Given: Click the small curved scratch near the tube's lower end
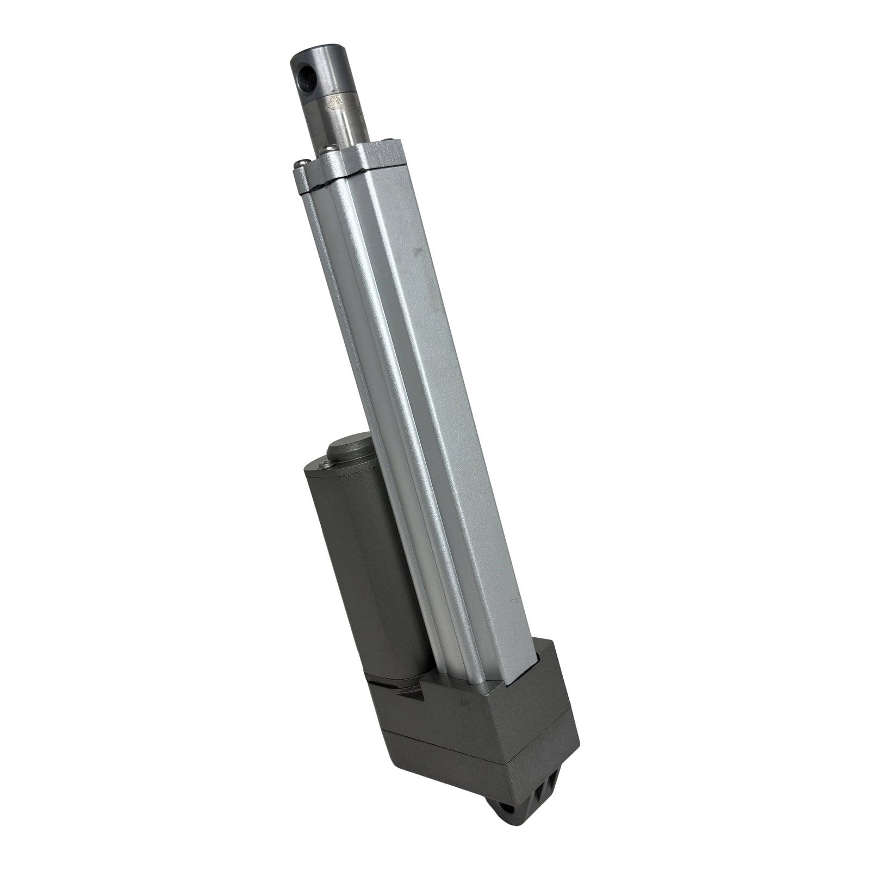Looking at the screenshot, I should point(511,602).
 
